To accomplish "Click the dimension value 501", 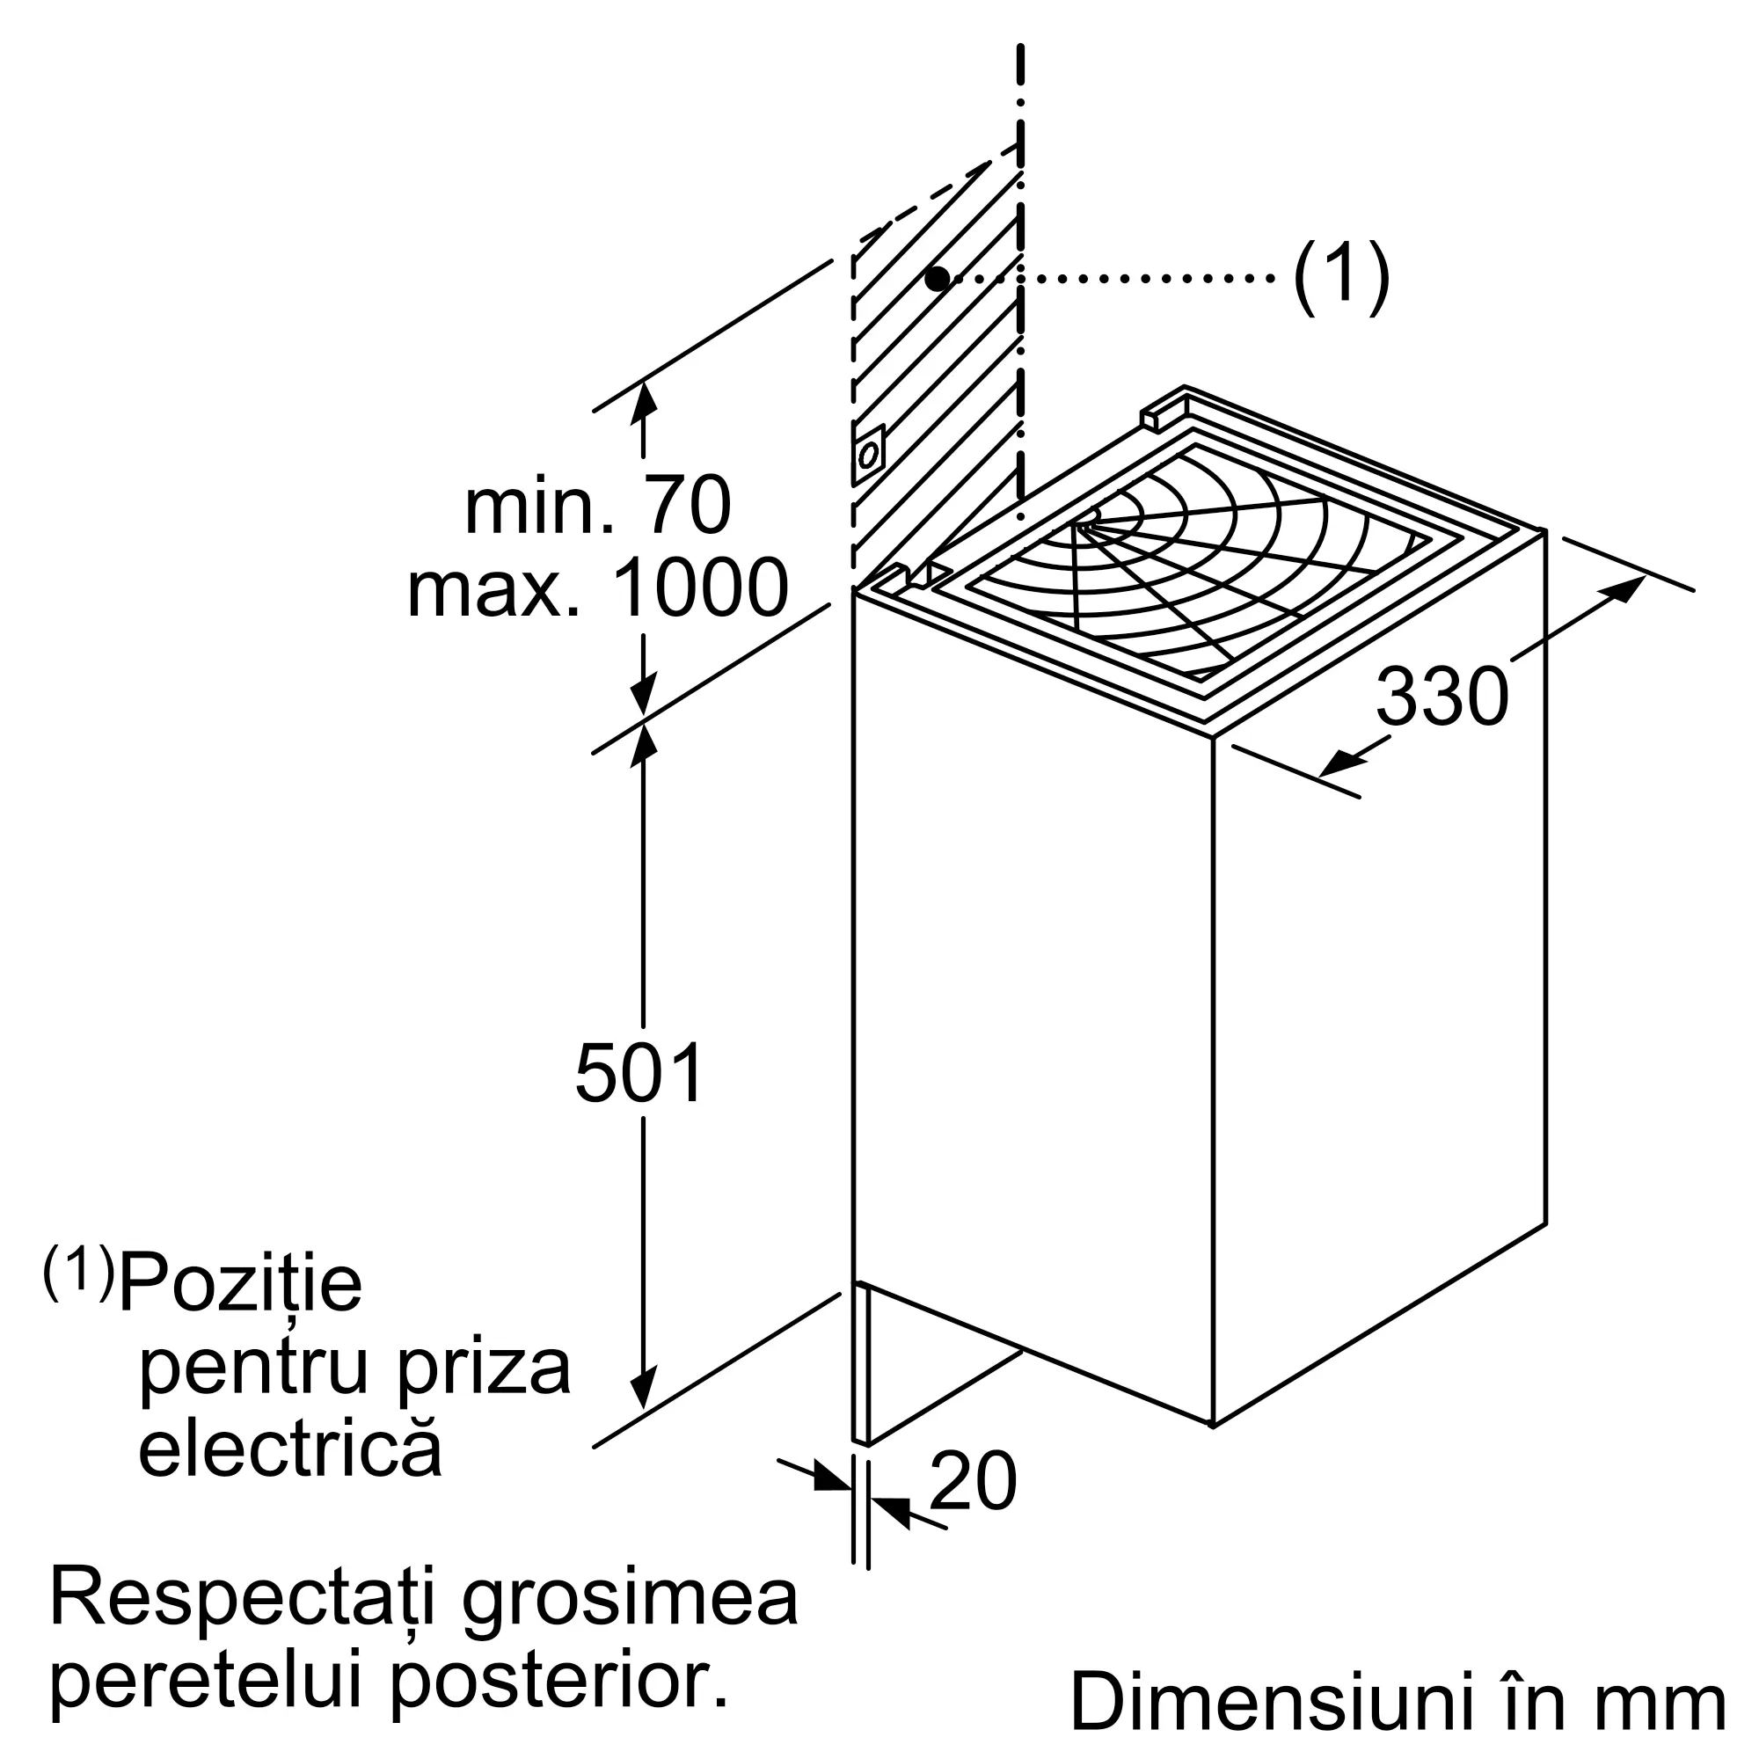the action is [640, 1072].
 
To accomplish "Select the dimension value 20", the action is [973, 1481].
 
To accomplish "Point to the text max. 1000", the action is [597, 589].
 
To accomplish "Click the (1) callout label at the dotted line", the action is [1341, 278].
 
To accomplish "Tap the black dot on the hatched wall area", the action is [937, 279].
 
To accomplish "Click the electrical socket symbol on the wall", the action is [869, 454].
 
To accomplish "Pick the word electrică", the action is [289, 1449].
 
